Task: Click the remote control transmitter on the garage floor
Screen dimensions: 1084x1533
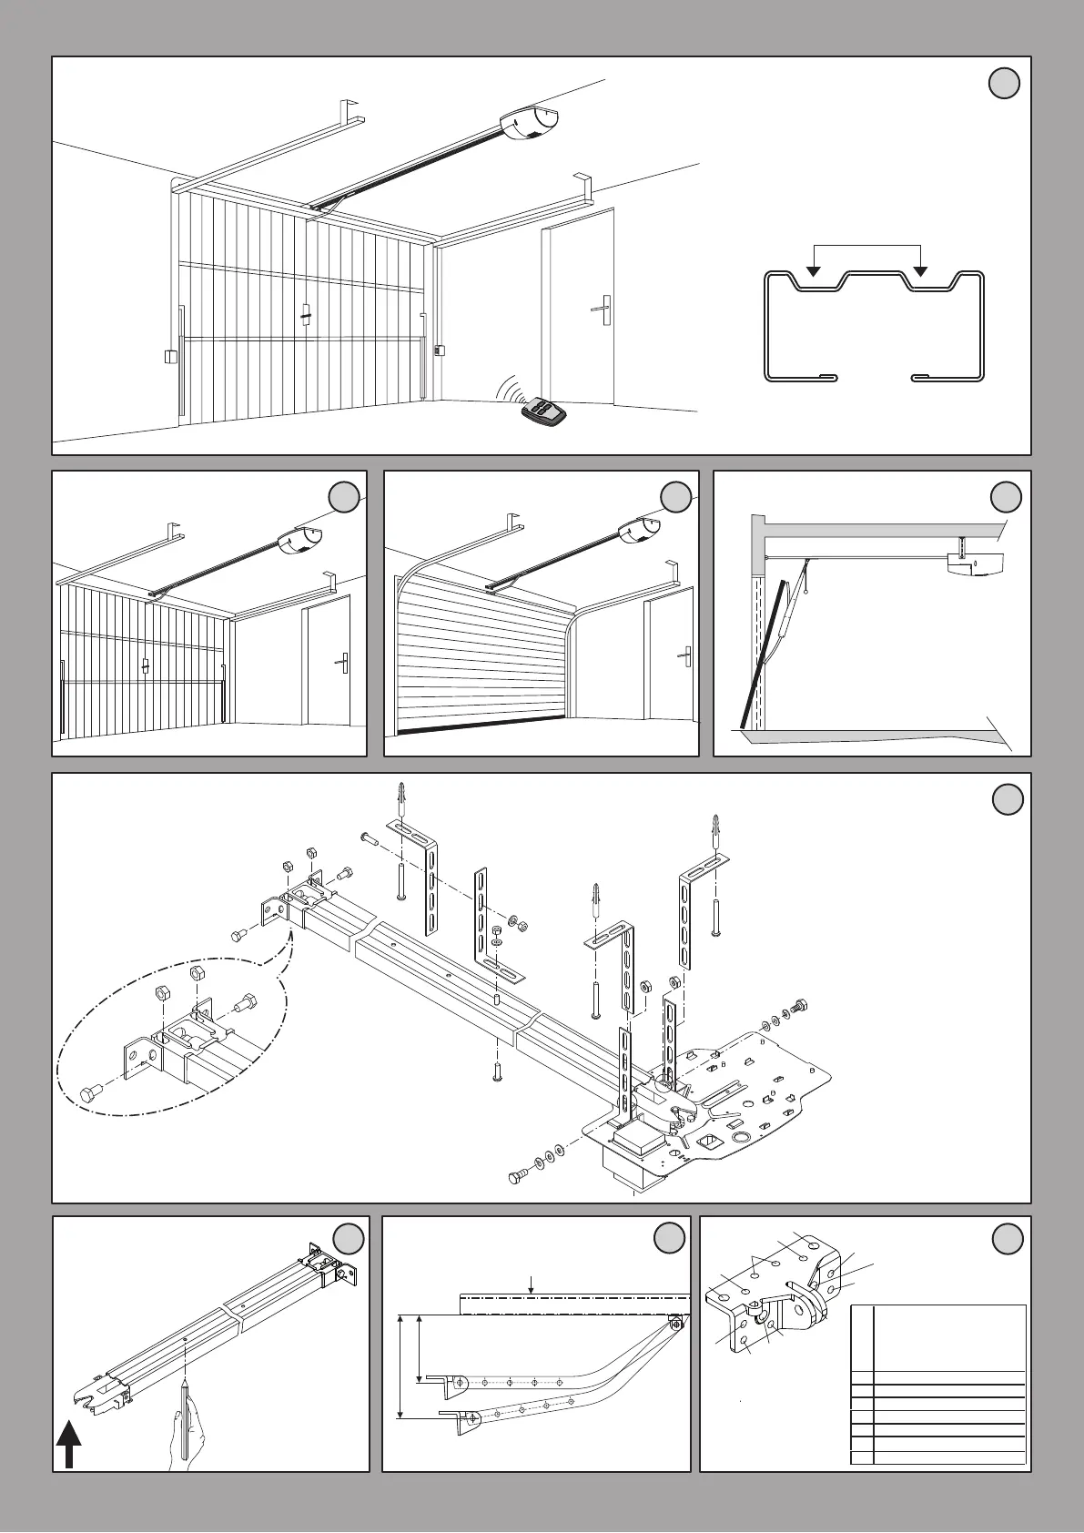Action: [x=544, y=411]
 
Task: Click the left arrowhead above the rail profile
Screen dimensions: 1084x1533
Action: [x=814, y=271]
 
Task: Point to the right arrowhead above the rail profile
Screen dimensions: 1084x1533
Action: [x=921, y=271]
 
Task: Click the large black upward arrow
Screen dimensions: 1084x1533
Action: [x=69, y=1446]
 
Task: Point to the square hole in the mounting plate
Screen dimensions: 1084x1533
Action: [x=705, y=1142]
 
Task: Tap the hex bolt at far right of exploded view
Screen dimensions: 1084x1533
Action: [x=801, y=1008]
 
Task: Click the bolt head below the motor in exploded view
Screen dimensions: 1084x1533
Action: [x=518, y=1179]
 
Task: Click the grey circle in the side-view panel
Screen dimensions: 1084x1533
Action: [x=1006, y=497]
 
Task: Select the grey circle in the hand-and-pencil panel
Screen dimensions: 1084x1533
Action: [x=349, y=1239]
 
